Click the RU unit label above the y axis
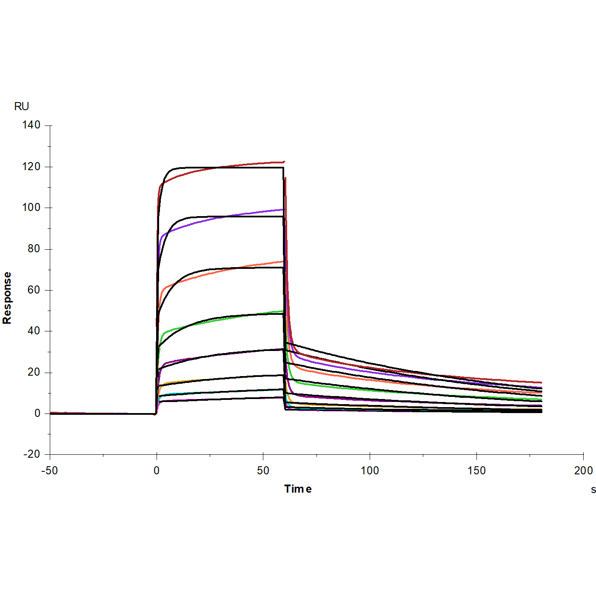coord(21,106)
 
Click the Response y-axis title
coord(7,298)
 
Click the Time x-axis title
coord(298,489)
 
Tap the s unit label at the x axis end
coord(593,490)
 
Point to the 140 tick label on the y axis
coord(31,125)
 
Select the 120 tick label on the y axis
coord(31,167)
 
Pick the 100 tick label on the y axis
coord(31,208)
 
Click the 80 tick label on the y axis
coord(34,249)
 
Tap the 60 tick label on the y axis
coord(34,290)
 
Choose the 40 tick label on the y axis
coord(34,331)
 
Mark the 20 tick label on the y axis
coord(34,372)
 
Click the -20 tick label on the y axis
coord(31,454)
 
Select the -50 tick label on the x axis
coord(49,471)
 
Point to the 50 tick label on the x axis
coord(263,471)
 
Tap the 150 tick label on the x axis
coord(476,471)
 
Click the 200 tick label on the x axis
coord(583,471)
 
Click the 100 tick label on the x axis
coord(370,471)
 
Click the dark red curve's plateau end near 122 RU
coord(283,162)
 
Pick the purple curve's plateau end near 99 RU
coord(282,209)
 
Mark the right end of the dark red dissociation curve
coord(541,382)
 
